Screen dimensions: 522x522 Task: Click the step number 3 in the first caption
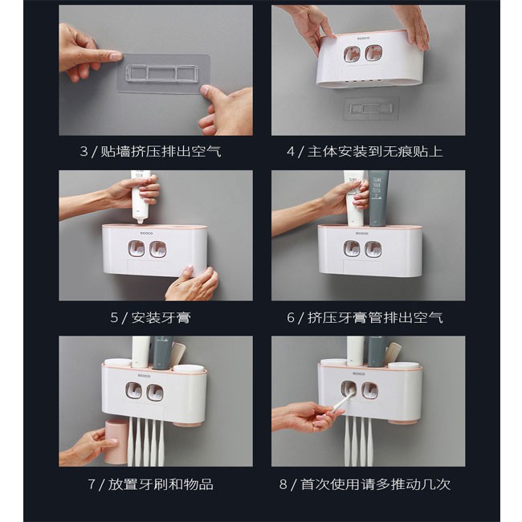pyautogui.click(x=84, y=152)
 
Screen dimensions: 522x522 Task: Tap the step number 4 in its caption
pyautogui.click(x=291, y=152)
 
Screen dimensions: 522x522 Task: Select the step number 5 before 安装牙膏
pyautogui.click(x=114, y=317)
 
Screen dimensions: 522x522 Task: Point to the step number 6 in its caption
pyautogui.click(x=291, y=317)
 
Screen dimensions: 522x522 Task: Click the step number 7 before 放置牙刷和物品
pyautogui.click(x=92, y=484)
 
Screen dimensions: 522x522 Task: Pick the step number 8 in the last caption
pyautogui.click(x=283, y=484)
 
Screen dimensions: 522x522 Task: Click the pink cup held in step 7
pyautogui.click(x=116, y=441)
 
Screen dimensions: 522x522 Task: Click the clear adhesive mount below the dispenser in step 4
pyautogui.click(x=371, y=108)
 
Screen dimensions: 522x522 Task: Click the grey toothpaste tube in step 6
pyautogui.click(x=378, y=198)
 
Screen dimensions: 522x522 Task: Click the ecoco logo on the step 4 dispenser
pyautogui.click(x=363, y=39)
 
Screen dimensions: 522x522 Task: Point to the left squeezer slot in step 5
pyautogui.click(x=137, y=249)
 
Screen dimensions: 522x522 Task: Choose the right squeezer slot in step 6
pyautogui.click(x=373, y=249)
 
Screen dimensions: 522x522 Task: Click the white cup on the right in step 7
pyautogui.click(x=189, y=369)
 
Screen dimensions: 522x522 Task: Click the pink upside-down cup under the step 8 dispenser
pyautogui.click(x=402, y=422)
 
